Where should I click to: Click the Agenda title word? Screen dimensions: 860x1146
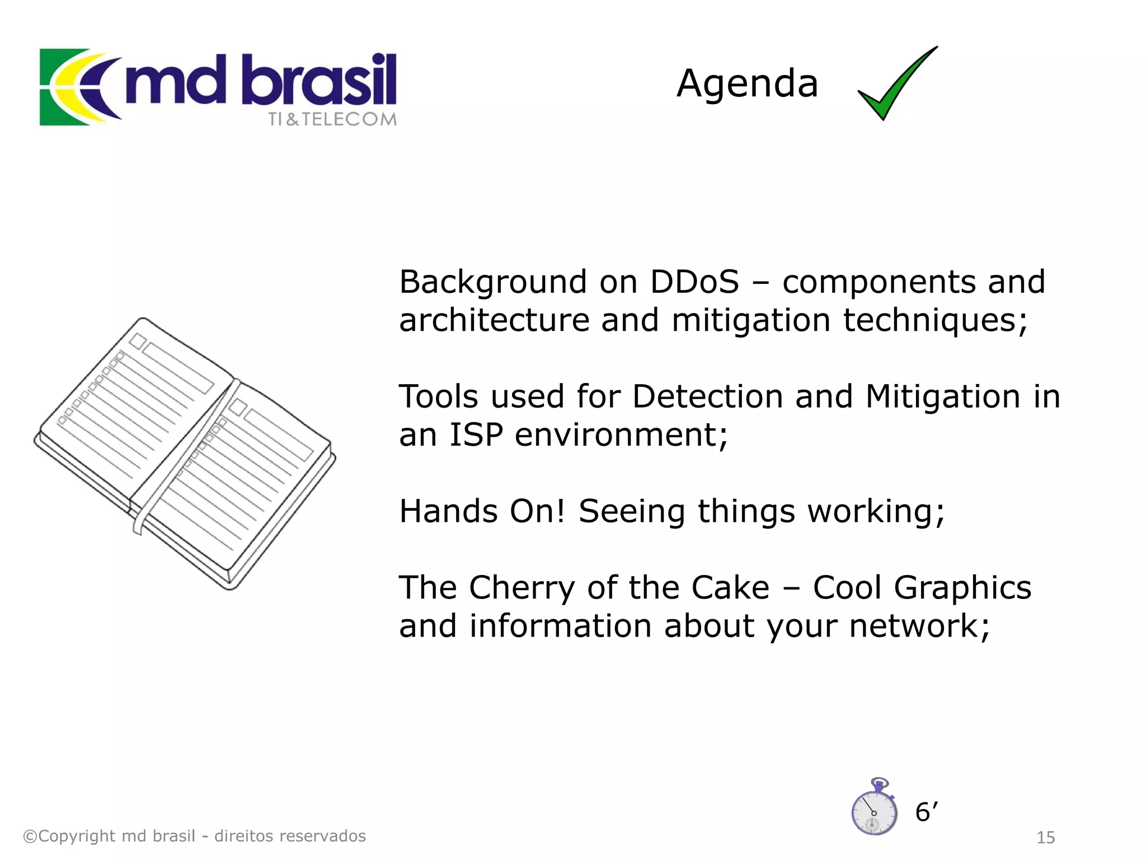coord(747,84)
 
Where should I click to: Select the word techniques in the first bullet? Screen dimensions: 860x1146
coord(935,321)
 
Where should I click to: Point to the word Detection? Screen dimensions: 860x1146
coord(707,397)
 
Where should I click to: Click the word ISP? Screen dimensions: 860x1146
coord(476,435)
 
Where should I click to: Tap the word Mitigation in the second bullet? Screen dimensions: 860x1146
coord(943,397)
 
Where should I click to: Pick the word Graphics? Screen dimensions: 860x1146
coord(962,588)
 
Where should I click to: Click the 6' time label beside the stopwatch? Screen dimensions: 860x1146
coord(926,812)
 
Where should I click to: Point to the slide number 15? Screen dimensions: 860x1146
coord(1045,838)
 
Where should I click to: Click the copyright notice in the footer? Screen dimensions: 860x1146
coord(194,836)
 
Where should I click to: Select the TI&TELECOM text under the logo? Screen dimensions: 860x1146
coord(332,119)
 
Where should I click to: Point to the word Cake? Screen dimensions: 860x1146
coord(730,588)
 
